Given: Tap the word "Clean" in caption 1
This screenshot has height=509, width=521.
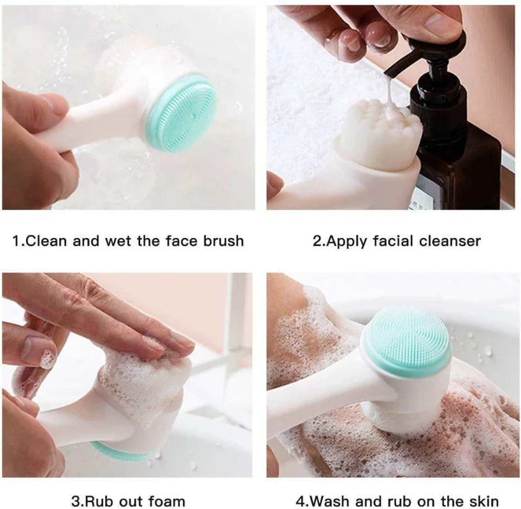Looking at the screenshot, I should pos(46,241).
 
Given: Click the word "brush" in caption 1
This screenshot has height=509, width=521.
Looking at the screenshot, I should pos(223,241).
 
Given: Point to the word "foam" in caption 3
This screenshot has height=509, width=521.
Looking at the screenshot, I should pos(166,501).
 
